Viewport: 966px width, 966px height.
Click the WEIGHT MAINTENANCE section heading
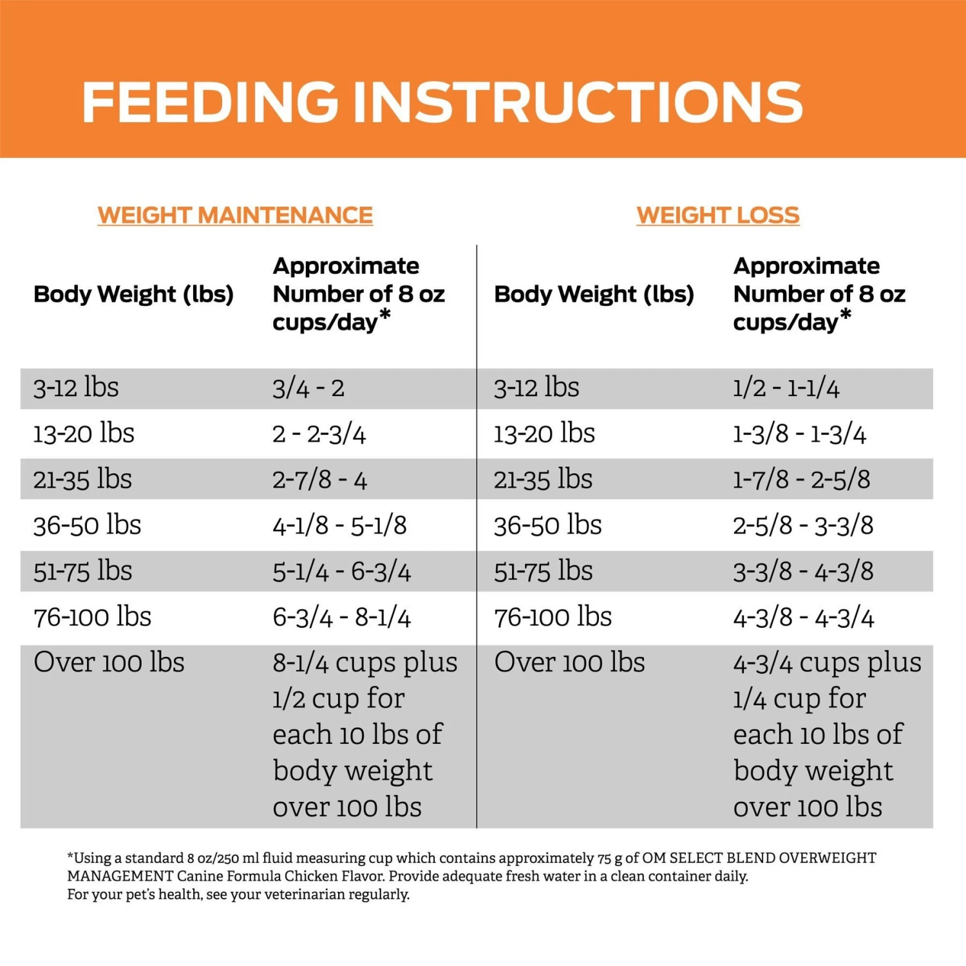click(x=235, y=215)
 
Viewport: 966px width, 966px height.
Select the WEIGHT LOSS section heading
click(x=717, y=215)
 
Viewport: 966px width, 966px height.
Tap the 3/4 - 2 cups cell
click(x=308, y=388)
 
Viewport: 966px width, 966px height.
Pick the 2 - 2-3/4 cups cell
click(x=319, y=434)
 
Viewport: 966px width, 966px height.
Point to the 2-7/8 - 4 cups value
click(x=319, y=480)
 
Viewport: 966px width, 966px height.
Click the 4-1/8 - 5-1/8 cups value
click(x=339, y=526)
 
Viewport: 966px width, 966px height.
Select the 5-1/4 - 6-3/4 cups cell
click(x=341, y=571)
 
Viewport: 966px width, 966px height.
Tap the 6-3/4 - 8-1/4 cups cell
click(x=341, y=618)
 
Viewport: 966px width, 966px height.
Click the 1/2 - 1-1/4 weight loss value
click(x=786, y=388)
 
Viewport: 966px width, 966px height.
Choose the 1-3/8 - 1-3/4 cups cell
click(x=799, y=434)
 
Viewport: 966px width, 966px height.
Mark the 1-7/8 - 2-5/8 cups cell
click(x=801, y=480)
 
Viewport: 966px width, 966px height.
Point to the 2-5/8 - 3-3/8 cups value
click(x=803, y=526)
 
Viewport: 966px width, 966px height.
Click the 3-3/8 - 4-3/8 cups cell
click(x=803, y=571)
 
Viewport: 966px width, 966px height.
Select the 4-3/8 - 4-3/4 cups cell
click(x=803, y=618)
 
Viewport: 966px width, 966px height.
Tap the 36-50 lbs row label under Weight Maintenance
click(x=87, y=526)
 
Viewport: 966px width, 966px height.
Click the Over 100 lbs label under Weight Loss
click(x=569, y=663)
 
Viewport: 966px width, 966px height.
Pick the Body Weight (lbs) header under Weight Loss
click(x=594, y=294)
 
